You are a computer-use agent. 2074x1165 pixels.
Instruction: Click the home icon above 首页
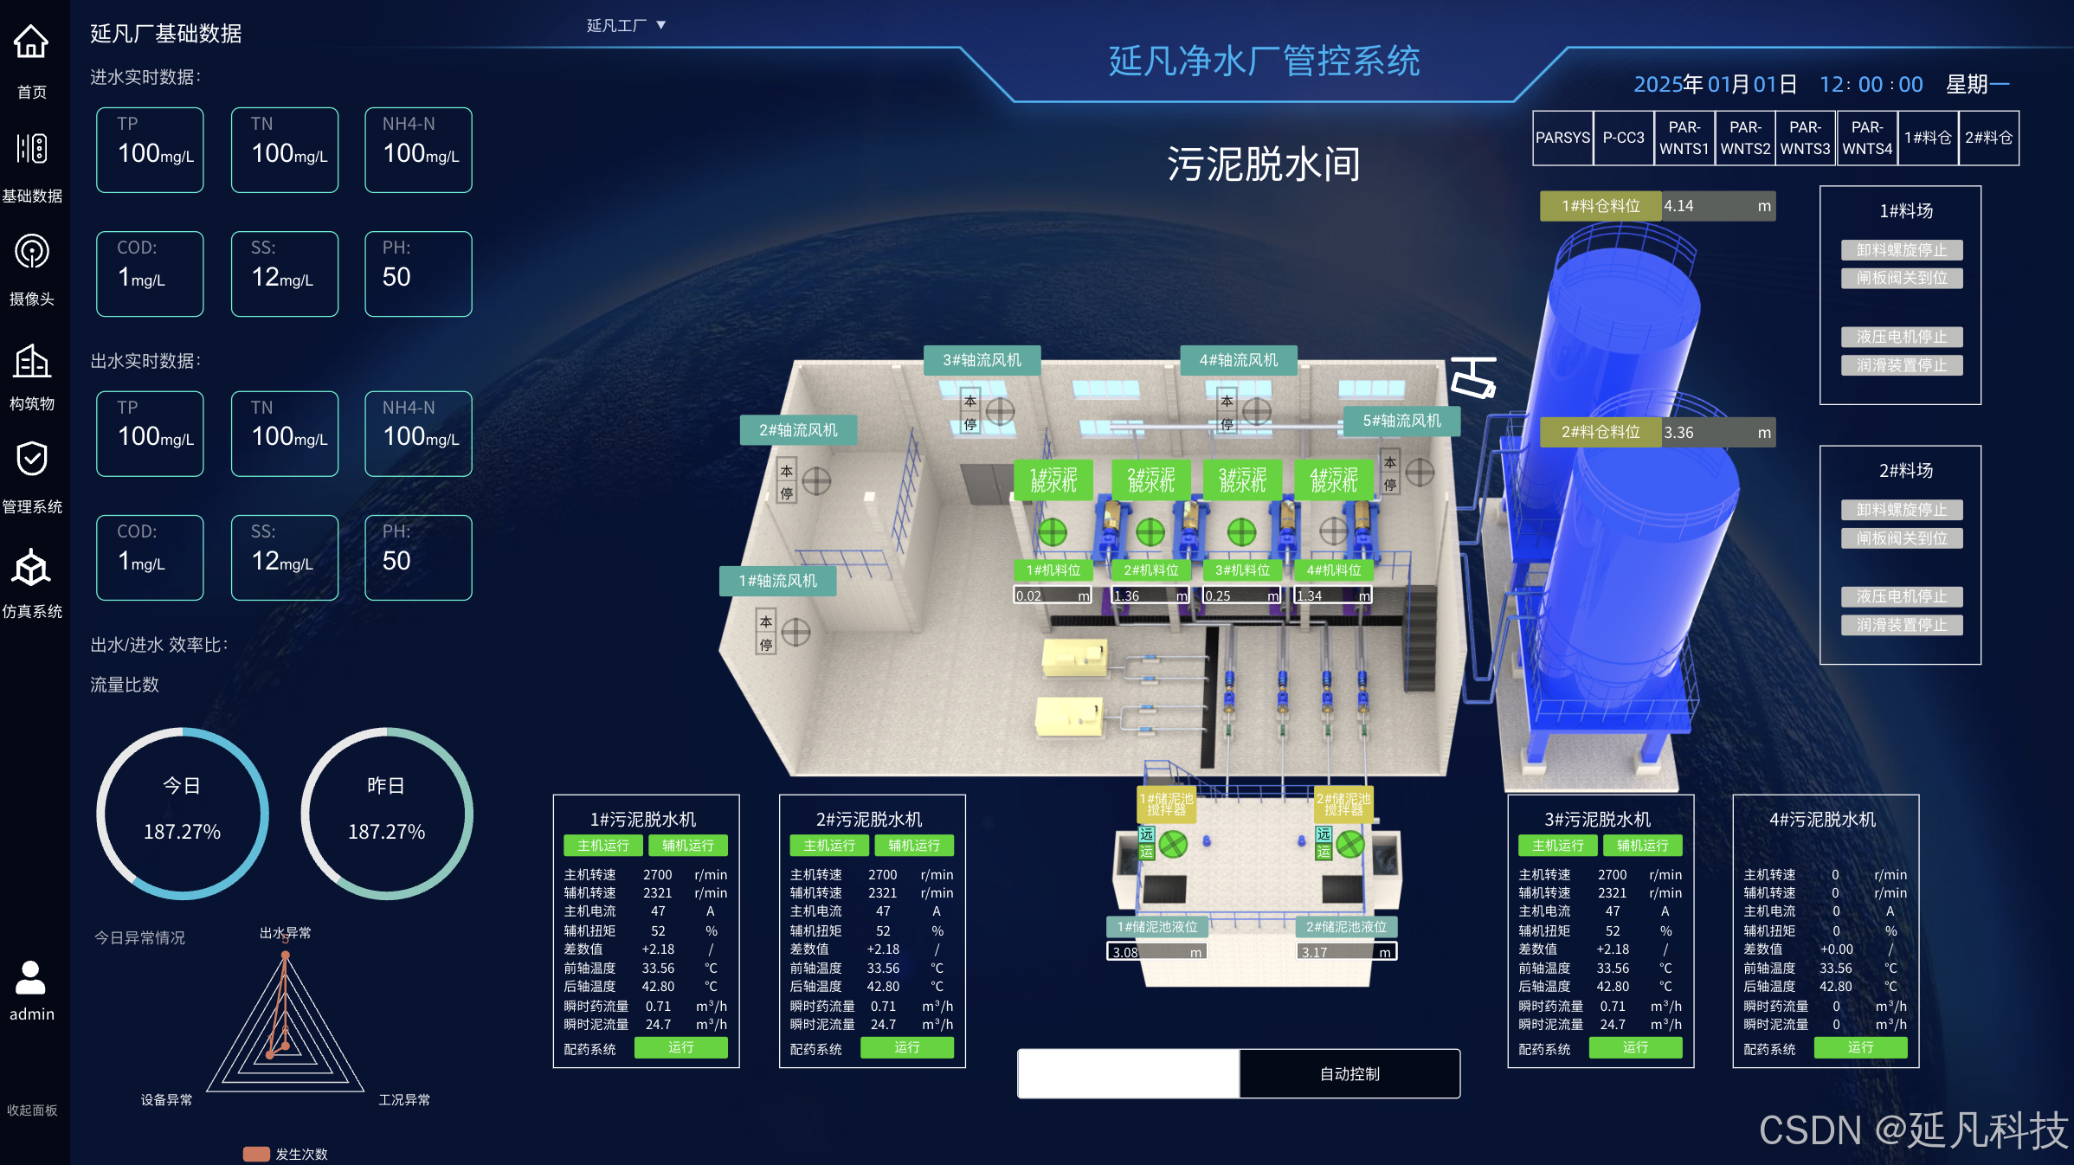[x=31, y=42]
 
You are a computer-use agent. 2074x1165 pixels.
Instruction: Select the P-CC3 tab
[x=1623, y=138]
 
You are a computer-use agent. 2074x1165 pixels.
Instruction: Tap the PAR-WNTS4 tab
[x=1867, y=138]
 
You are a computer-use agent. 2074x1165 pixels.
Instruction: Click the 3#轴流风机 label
[x=982, y=360]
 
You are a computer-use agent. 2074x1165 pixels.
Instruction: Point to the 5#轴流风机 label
[x=1401, y=421]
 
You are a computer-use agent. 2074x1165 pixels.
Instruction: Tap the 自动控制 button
[x=1349, y=1074]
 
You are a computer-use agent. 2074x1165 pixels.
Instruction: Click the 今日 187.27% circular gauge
[x=183, y=813]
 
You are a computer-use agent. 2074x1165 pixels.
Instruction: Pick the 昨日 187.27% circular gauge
[x=386, y=813]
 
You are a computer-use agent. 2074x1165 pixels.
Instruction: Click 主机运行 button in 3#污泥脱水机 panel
[x=1557, y=846]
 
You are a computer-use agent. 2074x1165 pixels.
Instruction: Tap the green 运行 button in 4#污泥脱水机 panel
[x=1860, y=1047]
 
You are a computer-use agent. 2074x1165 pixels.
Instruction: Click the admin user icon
[x=31, y=978]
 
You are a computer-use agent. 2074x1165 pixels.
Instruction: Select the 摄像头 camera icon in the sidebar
[x=32, y=252]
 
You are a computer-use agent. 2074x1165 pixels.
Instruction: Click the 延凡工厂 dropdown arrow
[x=661, y=25]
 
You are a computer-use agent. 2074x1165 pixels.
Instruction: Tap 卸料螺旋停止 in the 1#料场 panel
[x=1901, y=250]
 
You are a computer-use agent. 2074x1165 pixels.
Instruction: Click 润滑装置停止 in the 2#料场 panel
[x=1901, y=625]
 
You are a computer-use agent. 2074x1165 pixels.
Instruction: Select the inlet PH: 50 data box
[x=418, y=274]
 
